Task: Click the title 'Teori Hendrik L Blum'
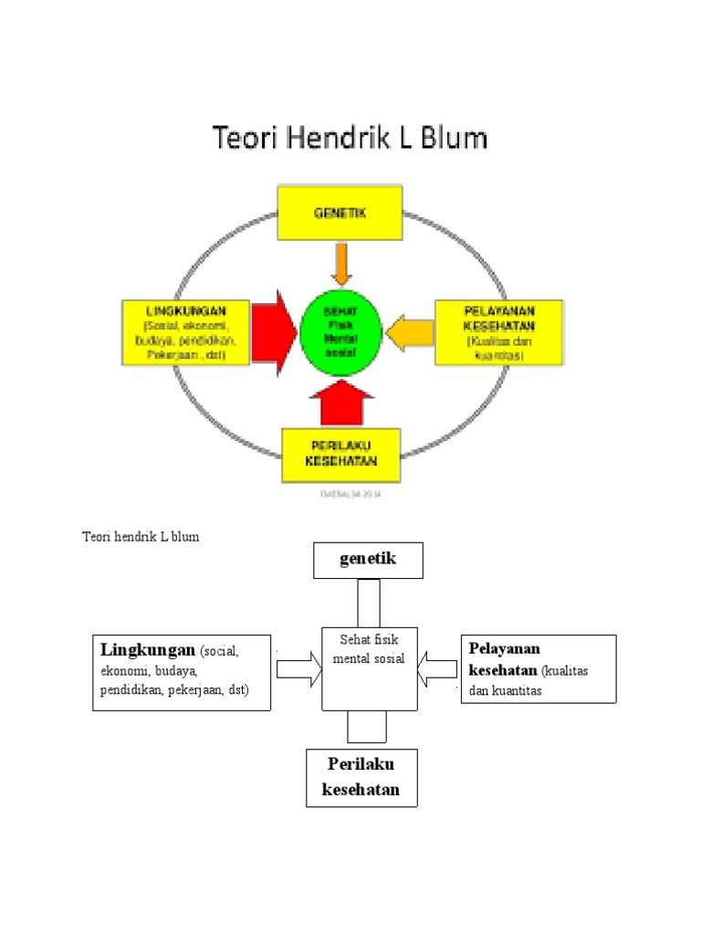point(350,138)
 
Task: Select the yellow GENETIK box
point(340,212)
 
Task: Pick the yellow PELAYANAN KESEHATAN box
point(497,332)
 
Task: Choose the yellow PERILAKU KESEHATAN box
point(340,454)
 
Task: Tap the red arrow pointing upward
point(340,403)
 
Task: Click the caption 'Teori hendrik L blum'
point(141,537)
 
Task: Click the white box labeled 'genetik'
point(368,560)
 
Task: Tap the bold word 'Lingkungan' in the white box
point(148,650)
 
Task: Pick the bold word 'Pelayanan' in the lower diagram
point(505,648)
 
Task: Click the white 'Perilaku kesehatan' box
point(361,777)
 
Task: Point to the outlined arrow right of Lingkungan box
point(299,670)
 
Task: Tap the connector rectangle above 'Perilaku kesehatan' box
point(367,727)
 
